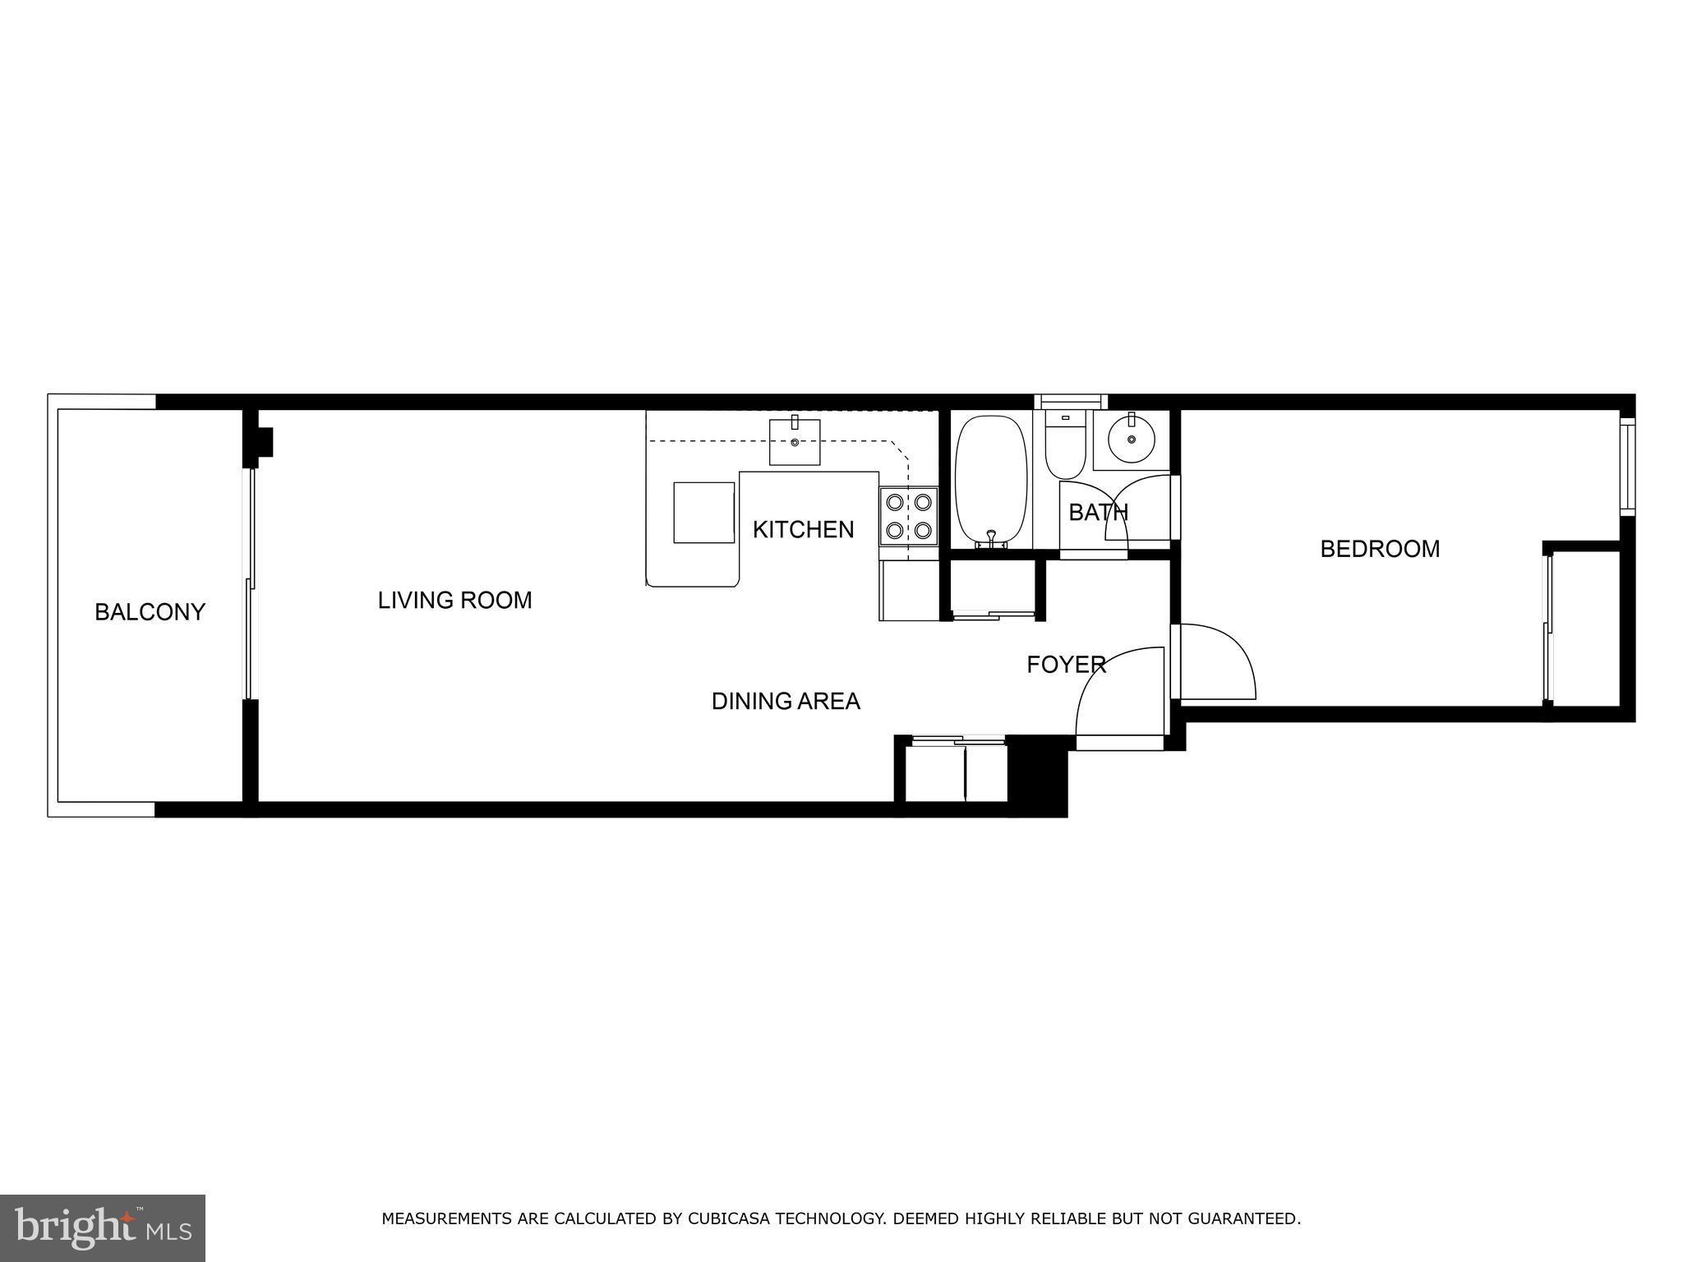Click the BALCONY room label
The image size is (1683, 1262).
[x=150, y=612]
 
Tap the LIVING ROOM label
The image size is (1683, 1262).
[x=454, y=601]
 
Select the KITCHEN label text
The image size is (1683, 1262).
[x=803, y=530]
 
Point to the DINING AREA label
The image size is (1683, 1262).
[x=785, y=701]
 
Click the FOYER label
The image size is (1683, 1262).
[x=1066, y=665]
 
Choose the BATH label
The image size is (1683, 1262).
[x=1098, y=513]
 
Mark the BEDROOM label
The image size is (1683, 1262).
[x=1379, y=549]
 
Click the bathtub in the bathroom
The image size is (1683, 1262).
[x=990, y=481]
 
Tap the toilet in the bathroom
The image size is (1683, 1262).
[x=1065, y=447]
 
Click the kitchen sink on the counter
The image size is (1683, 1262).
[x=794, y=441]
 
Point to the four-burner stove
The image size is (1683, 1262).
[x=908, y=516]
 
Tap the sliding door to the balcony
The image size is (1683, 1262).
[x=250, y=583]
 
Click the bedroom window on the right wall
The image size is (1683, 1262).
[x=1626, y=466]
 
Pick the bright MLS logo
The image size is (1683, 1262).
[x=102, y=1227]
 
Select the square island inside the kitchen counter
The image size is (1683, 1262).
[x=703, y=513]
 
